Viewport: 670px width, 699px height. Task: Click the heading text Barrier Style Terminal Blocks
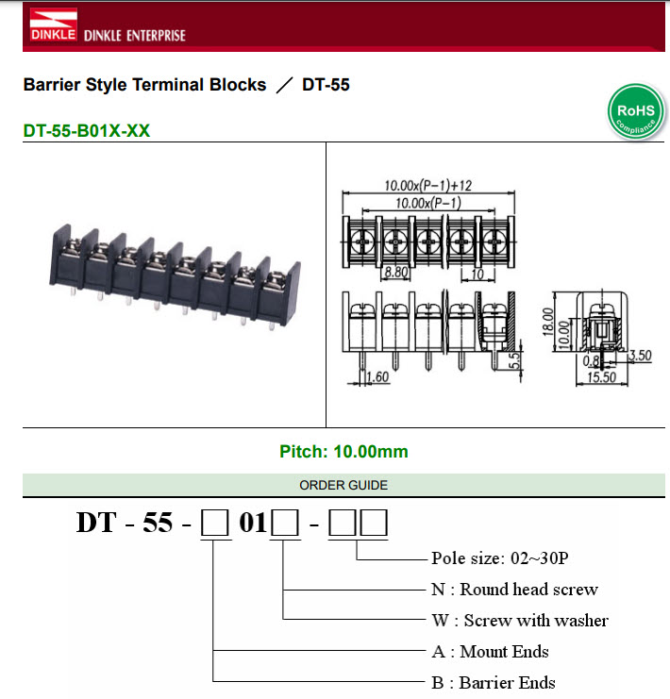coord(144,85)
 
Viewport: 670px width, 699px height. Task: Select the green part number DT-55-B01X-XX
coord(86,131)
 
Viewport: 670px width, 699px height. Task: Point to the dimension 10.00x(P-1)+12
coord(427,186)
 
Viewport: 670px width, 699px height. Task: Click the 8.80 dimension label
coord(394,273)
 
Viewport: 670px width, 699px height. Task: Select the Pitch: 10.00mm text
coord(343,452)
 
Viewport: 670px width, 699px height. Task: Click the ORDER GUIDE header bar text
coord(343,485)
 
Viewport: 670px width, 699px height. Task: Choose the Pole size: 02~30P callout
coord(499,558)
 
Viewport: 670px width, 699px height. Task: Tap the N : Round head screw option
coord(514,589)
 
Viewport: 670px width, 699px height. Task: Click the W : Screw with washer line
coord(519,620)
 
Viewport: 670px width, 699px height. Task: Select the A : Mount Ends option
coord(490,651)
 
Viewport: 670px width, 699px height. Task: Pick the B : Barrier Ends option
coord(493,682)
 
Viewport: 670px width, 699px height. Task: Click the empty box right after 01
coord(285,523)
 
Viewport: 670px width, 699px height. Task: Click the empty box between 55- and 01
coord(214,523)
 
